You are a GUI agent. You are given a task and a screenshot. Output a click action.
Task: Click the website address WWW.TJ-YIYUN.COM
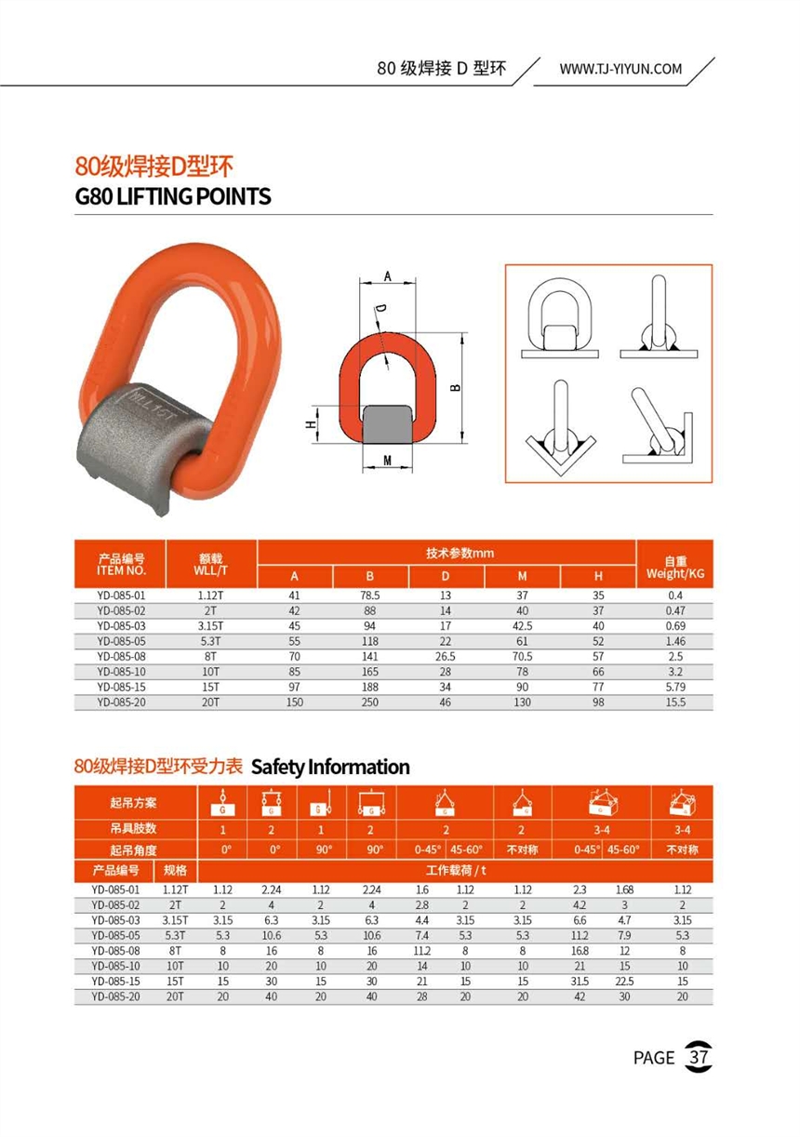pos(620,69)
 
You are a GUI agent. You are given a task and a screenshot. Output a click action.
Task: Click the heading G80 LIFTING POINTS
pos(173,196)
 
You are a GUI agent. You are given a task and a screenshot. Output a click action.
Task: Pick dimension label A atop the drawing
pos(387,276)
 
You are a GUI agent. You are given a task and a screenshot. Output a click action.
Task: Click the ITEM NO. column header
pos(120,564)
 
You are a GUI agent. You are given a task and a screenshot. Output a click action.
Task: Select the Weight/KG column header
pos(675,568)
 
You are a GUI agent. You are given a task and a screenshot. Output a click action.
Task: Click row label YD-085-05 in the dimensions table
pos(120,641)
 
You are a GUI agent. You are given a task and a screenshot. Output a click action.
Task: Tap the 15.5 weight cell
pos(675,702)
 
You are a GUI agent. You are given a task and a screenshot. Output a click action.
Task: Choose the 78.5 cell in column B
pos(371,595)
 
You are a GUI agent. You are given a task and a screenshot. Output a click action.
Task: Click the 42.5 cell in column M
pos(522,625)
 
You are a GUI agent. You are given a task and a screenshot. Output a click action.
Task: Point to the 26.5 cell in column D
pos(445,656)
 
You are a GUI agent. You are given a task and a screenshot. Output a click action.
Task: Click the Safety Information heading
pos(330,768)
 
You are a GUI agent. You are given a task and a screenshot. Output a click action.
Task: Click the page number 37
pos(698,1057)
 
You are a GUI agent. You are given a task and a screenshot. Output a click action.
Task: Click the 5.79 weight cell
pos(675,687)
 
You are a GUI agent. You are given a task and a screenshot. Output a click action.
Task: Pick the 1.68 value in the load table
pos(625,889)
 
